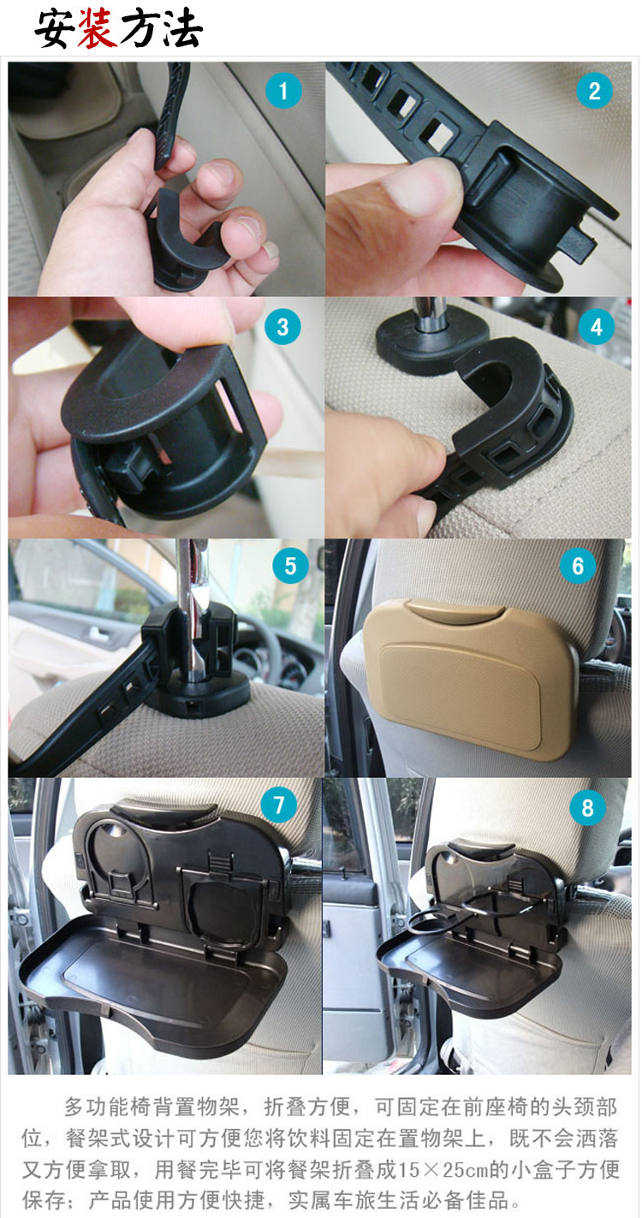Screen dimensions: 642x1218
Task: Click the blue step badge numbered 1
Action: (283, 91)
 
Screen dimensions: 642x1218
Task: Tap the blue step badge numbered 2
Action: (594, 91)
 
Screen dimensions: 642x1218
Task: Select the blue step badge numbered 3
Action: (282, 327)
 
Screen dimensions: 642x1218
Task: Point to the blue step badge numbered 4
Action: (597, 327)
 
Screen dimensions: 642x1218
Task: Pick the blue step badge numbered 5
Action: (290, 566)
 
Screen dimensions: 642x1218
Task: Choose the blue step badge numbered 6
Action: (578, 566)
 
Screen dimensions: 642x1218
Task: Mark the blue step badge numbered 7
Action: (279, 805)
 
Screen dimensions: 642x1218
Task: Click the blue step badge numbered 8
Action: (587, 807)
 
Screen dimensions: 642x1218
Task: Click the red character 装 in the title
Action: (98, 29)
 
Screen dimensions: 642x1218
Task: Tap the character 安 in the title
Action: (55, 29)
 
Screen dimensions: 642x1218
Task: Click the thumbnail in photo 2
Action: (421, 187)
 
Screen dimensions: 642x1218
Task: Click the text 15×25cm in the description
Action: (443, 1168)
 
